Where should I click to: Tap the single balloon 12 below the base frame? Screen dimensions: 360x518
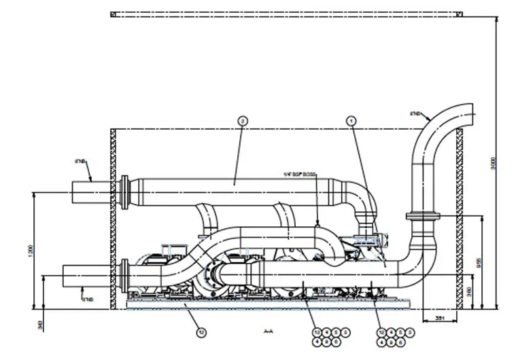pyautogui.click(x=201, y=332)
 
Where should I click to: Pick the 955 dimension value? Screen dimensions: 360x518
pyautogui.click(x=479, y=262)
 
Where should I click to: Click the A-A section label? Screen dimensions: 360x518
pyautogui.click(x=269, y=331)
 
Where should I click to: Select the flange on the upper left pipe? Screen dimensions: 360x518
pyautogui.click(x=124, y=192)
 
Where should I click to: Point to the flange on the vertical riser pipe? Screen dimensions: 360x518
pyautogui.click(x=423, y=217)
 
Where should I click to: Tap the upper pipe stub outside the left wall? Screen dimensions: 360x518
pyautogui.click(x=91, y=192)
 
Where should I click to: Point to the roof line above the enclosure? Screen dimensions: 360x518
pyautogui.click(x=286, y=14)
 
